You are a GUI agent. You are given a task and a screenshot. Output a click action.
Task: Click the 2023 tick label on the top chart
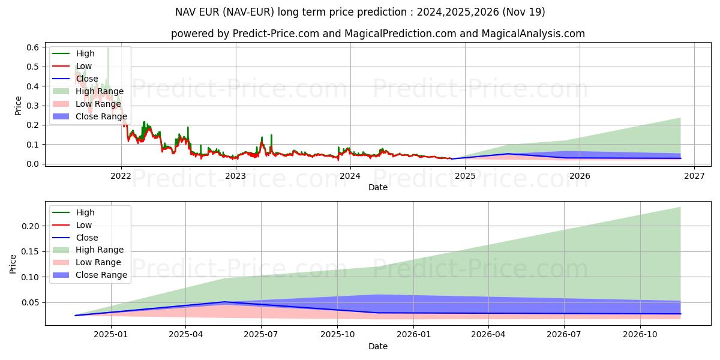click(235, 176)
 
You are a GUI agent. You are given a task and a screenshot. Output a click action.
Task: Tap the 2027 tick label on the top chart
click(694, 176)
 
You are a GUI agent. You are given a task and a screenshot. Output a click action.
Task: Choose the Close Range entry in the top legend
click(101, 116)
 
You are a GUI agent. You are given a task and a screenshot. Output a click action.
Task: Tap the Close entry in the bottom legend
click(87, 238)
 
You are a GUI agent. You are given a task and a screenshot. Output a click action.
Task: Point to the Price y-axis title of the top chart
click(18, 106)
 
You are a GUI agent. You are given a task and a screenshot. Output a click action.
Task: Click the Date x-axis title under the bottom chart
click(378, 346)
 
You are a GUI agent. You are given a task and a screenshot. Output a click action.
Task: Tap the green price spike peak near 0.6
click(108, 48)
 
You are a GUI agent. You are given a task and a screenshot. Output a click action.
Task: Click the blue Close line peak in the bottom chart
click(224, 302)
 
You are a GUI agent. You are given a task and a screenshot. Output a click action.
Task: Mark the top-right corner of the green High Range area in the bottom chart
click(680, 208)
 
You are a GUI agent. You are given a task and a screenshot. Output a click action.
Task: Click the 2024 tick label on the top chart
click(350, 176)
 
